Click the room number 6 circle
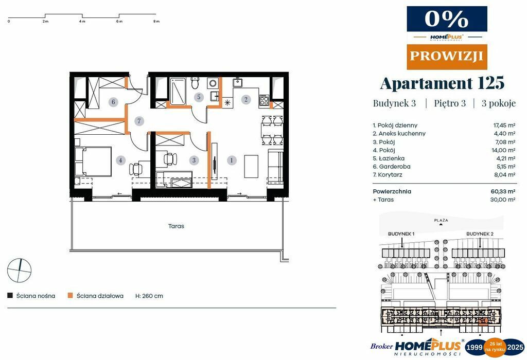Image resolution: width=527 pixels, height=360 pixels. [114, 102]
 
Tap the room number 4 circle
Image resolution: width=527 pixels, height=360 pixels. [120, 160]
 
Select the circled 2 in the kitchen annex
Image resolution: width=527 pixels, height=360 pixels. [246, 99]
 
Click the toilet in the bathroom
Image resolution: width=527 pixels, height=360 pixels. [195, 83]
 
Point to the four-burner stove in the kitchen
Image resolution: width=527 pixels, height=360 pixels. [264, 100]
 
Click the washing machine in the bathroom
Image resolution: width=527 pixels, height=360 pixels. [213, 83]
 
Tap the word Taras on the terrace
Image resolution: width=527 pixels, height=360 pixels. [176, 226]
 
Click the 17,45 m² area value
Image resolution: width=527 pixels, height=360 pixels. [504, 125]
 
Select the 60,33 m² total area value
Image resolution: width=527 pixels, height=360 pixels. [503, 191]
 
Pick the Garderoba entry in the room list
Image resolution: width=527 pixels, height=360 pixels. [392, 167]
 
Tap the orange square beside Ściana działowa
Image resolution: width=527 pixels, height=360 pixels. [70, 296]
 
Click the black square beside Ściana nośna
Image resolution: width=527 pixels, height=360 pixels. [10, 296]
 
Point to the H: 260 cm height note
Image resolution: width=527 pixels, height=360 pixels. [149, 296]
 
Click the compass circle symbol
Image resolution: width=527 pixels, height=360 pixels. [20, 271]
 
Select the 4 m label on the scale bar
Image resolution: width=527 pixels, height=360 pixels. [82, 21]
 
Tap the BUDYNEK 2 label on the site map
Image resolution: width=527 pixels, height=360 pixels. [480, 234]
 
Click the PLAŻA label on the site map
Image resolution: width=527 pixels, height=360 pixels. [441, 220]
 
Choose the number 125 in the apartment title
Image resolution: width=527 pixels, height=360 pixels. [490, 83]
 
